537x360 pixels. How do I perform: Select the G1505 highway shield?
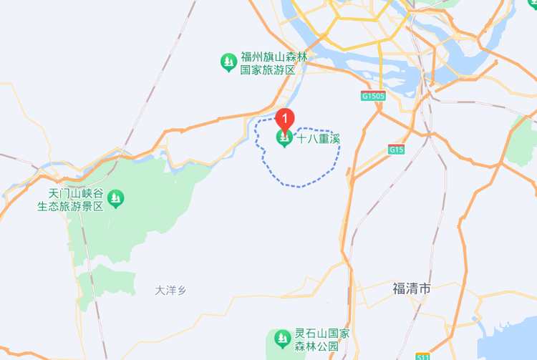[373, 95]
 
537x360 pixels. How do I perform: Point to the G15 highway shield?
[396, 150]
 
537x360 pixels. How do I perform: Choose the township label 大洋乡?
[170, 290]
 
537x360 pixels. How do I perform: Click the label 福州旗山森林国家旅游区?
[268, 64]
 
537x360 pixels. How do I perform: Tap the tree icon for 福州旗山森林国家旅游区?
[228, 63]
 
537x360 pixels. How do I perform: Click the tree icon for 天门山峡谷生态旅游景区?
[115, 198]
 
